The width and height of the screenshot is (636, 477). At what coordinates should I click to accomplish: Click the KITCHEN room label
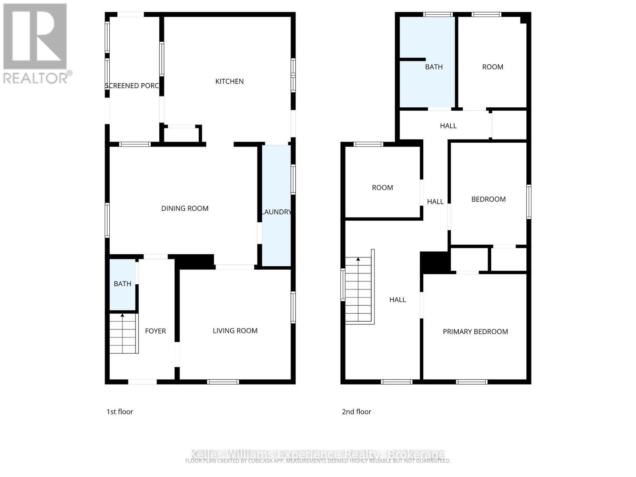(x=229, y=81)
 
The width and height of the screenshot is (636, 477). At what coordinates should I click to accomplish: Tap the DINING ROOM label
(x=185, y=208)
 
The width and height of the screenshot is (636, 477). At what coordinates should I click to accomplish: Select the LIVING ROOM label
(x=235, y=331)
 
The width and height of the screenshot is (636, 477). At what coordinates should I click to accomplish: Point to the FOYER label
(x=155, y=331)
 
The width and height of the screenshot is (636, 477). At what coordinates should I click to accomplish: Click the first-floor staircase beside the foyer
(x=124, y=334)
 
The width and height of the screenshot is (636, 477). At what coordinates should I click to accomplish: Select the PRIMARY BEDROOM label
(x=475, y=332)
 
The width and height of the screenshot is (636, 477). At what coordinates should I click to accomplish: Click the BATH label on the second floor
(x=434, y=67)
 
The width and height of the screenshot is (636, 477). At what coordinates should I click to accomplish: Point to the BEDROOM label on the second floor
(x=489, y=199)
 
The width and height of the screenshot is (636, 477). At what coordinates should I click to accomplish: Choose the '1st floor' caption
(x=120, y=412)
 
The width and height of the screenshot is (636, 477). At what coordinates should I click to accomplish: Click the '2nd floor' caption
(x=357, y=412)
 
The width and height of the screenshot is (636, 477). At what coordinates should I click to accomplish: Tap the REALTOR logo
(x=36, y=44)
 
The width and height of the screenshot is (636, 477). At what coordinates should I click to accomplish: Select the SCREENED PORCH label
(x=132, y=86)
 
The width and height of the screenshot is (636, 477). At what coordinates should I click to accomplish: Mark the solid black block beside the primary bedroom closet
(x=435, y=262)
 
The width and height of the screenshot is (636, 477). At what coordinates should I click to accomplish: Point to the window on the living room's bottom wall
(x=223, y=382)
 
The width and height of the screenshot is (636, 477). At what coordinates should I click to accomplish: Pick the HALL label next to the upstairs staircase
(x=397, y=300)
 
